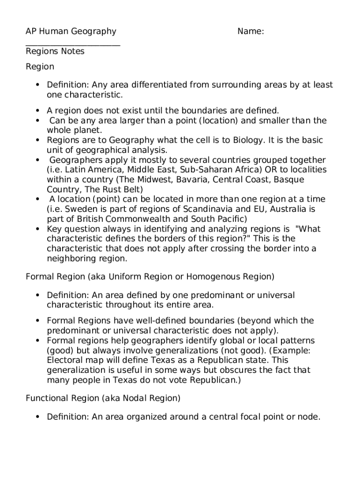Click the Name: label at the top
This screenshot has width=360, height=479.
point(251,31)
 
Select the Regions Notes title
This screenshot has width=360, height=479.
point(55,51)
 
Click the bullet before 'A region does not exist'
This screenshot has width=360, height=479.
point(37,111)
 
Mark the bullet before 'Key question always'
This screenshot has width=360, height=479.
point(37,229)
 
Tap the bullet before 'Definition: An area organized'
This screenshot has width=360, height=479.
point(37,417)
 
